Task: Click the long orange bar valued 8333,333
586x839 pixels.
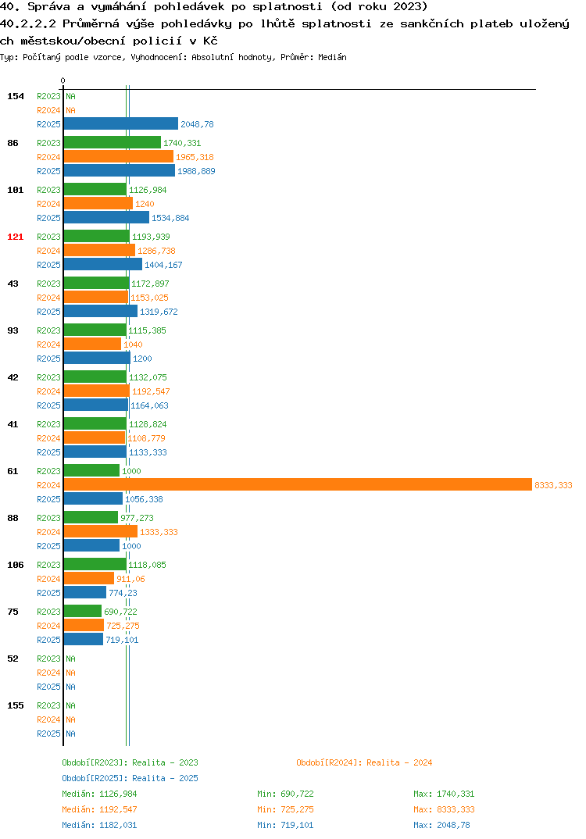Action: [298, 485]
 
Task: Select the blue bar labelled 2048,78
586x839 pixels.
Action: [121, 123]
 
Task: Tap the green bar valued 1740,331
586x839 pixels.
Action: [113, 142]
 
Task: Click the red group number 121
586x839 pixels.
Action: [16, 237]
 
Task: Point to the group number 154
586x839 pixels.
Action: [16, 96]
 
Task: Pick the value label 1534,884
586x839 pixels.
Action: [170, 218]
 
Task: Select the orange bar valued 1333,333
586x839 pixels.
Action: [101, 531]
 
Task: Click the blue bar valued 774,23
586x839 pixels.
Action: [85, 592]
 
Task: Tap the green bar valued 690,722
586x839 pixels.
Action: [83, 611]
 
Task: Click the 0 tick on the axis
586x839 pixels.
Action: [63, 80]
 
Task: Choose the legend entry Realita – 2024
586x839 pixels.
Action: [364, 762]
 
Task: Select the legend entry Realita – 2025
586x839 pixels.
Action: [130, 778]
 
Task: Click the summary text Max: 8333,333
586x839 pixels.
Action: [444, 809]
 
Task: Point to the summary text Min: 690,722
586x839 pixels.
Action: [285, 794]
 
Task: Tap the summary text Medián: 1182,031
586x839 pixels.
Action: [99, 825]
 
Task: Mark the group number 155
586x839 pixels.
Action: [16, 705]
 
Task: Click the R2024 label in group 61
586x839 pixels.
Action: [48, 485]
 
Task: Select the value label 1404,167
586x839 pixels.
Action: [163, 265]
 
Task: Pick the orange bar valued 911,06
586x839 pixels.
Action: [89, 578]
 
